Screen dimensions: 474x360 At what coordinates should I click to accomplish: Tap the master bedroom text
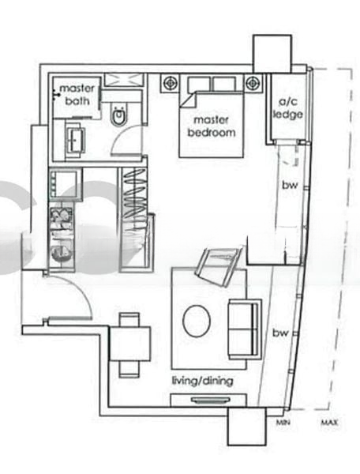(x=211, y=126)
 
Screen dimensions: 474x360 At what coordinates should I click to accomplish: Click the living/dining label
(x=202, y=382)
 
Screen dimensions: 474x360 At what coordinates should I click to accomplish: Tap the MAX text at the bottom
(x=330, y=424)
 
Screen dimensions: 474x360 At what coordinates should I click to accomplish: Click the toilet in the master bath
(x=120, y=116)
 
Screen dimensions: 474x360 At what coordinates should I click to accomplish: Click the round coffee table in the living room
(x=197, y=322)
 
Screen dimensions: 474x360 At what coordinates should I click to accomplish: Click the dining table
(x=129, y=344)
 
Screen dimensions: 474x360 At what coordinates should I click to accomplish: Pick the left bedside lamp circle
(x=170, y=81)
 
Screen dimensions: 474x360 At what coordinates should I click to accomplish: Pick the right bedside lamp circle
(x=253, y=81)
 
